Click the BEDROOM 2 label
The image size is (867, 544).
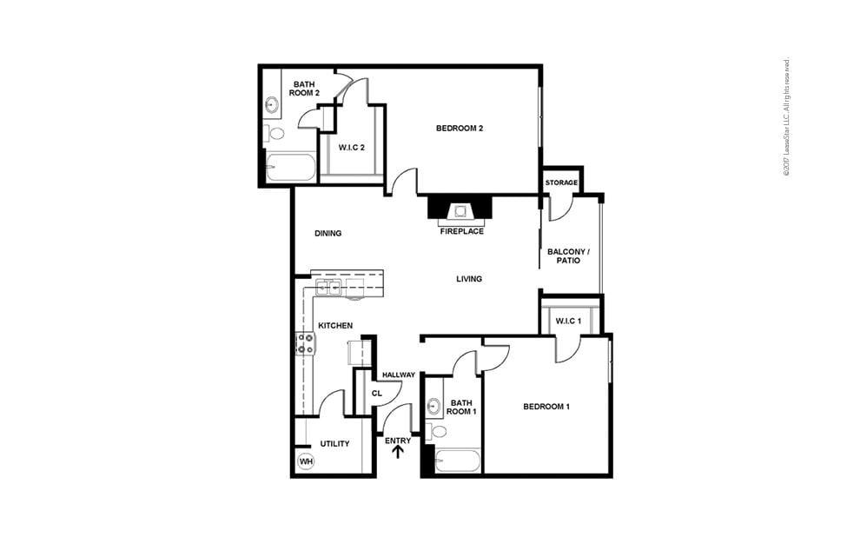pos(460,129)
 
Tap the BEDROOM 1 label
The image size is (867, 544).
pos(546,407)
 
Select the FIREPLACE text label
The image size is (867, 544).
pos(461,231)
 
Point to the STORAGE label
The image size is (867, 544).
pos(561,182)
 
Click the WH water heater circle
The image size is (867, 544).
pos(306,461)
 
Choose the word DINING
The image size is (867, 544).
pos(328,233)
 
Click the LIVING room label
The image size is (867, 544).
pos(469,279)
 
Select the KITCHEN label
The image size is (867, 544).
pos(334,325)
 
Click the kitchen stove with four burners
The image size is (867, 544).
pos(306,344)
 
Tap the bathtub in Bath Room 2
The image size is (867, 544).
pos(290,167)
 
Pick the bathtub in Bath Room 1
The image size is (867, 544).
pos(457,461)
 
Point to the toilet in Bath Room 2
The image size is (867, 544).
pos(276,133)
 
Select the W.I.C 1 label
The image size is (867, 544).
pos(568,322)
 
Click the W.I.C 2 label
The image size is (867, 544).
pos(350,147)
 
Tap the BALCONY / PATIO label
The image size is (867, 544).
pos(568,256)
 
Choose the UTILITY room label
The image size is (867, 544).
pos(334,444)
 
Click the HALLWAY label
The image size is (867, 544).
pos(398,375)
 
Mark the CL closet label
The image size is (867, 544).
pos(377,393)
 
